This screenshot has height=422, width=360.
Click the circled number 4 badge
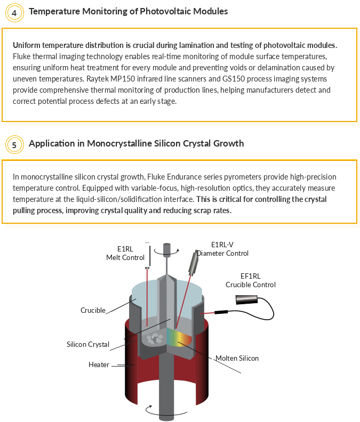tap(14, 13)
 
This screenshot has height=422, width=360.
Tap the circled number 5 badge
tap(14, 145)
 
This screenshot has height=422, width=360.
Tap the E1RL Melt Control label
tap(125, 253)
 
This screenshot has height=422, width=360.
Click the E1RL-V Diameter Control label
tap(222, 249)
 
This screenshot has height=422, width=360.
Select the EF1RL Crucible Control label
tap(251, 280)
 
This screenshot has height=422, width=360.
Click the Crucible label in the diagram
tap(93, 310)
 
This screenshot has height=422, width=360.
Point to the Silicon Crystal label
tap(88, 345)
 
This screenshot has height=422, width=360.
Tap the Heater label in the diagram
tap(99, 364)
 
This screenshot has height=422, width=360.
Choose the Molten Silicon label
tap(237, 358)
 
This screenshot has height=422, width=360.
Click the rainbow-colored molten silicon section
tap(179, 337)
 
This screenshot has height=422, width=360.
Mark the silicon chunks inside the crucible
tap(155, 338)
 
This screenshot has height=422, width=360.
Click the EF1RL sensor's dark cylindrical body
tap(246, 300)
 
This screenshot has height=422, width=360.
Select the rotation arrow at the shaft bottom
tap(166, 410)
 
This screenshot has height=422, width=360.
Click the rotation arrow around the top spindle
tap(166, 252)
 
